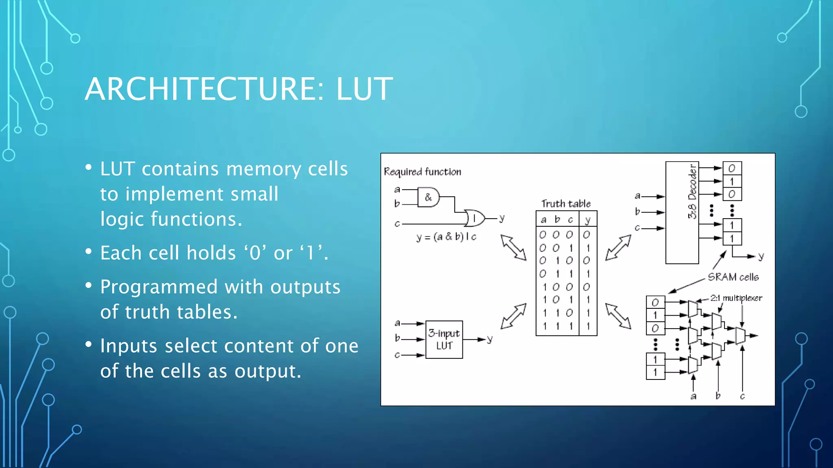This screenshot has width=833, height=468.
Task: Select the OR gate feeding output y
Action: point(475,218)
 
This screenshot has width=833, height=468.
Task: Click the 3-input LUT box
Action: point(444,340)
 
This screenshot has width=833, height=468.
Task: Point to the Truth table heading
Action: point(566,204)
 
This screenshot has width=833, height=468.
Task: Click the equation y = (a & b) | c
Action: point(446,237)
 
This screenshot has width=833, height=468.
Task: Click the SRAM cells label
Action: point(733,277)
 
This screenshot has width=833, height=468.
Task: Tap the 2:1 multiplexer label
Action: point(736,298)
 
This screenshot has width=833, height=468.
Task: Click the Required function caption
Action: point(423,172)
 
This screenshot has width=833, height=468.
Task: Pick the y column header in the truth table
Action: point(587,220)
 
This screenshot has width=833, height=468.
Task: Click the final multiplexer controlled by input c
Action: point(741,336)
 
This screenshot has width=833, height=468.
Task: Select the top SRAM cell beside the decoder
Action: point(732,168)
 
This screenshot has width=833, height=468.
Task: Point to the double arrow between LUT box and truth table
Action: point(513,316)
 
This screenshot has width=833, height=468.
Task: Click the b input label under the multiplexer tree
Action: point(718,396)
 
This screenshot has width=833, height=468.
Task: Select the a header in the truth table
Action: point(543,220)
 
